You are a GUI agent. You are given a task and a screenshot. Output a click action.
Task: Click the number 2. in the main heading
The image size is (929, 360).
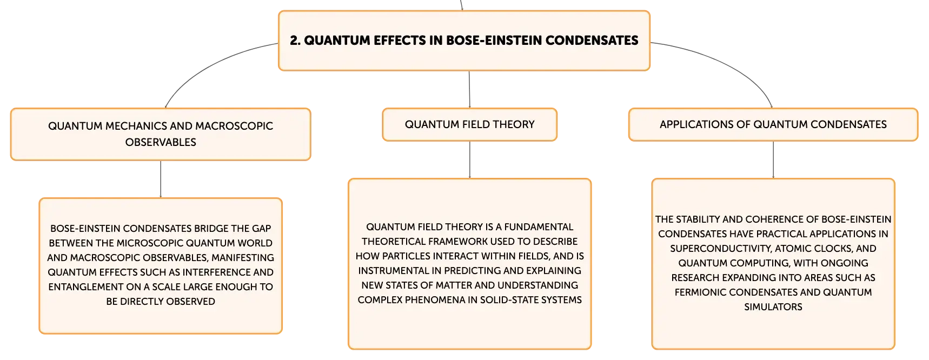(x=295, y=41)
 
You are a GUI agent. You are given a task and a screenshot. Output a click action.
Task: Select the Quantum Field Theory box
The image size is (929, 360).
(x=469, y=124)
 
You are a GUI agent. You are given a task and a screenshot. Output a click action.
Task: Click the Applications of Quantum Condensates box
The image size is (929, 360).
(x=773, y=124)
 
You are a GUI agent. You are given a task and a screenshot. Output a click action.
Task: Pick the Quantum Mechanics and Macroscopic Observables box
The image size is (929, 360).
(x=161, y=134)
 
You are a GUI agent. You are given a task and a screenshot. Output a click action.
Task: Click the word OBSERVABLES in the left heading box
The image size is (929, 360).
(x=161, y=142)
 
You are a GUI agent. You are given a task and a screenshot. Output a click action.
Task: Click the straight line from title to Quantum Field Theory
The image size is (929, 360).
(x=469, y=89)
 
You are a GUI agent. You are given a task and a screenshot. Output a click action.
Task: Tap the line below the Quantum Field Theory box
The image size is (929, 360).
(x=470, y=159)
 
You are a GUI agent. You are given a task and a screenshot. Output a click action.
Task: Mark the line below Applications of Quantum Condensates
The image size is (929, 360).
(x=773, y=159)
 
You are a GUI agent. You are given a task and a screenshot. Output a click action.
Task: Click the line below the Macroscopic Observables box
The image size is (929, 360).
(x=161, y=179)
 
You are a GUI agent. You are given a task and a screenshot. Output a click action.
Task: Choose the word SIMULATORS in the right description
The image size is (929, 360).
(x=773, y=307)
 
